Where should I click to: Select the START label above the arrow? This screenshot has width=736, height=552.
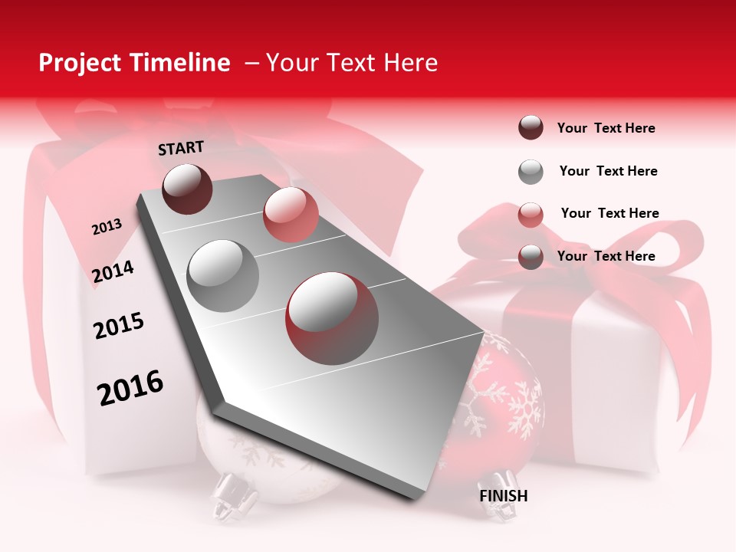181,148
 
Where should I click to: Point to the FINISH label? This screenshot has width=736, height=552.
504,496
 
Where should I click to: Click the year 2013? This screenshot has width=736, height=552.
107,227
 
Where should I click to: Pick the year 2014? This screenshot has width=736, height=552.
113,271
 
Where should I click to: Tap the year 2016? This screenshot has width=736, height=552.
130,388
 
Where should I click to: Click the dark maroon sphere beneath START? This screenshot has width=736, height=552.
188,189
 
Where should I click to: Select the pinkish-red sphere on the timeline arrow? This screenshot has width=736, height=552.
291,215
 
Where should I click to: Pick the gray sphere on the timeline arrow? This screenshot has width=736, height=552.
223,275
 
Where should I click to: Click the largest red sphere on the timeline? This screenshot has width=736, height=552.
332,318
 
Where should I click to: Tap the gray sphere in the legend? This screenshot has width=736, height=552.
531,172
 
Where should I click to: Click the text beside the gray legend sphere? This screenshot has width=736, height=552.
608,171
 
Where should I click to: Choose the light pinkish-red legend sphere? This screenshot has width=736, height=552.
531,215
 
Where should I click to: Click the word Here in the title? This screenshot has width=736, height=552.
411,63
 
